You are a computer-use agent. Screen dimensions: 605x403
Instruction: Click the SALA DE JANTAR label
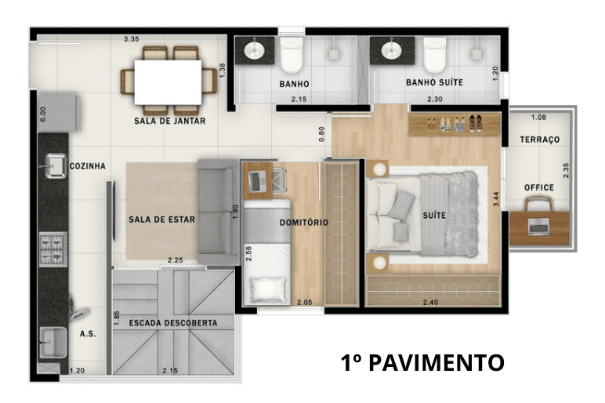[170, 121]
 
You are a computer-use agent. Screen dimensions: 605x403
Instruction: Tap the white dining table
[168, 82]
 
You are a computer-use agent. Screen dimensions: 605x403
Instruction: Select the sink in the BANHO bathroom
[255, 50]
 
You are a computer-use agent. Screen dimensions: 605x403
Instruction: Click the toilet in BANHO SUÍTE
[435, 55]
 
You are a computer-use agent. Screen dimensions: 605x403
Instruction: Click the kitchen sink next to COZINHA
[56, 166]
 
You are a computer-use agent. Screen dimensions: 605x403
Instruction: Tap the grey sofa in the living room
[219, 212]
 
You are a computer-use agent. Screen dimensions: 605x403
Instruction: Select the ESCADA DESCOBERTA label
[173, 323]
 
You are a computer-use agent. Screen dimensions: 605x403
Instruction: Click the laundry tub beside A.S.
[53, 342]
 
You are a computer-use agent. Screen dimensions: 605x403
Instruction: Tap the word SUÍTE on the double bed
[434, 216]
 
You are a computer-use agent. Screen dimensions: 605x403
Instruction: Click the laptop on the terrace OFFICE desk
[539, 227]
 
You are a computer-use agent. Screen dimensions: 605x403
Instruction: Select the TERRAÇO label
[539, 140]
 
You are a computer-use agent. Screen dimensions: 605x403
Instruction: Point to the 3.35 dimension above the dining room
[131, 39]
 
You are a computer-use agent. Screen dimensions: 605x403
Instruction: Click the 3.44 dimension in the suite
[496, 199]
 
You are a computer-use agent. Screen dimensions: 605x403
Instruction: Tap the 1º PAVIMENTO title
[422, 362]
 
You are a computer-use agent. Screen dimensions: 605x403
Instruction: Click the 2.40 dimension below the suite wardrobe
[430, 303]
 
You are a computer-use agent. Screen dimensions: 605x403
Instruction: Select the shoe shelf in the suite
[455, 124]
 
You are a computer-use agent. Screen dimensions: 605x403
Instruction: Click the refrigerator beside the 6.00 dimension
[59, 112]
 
